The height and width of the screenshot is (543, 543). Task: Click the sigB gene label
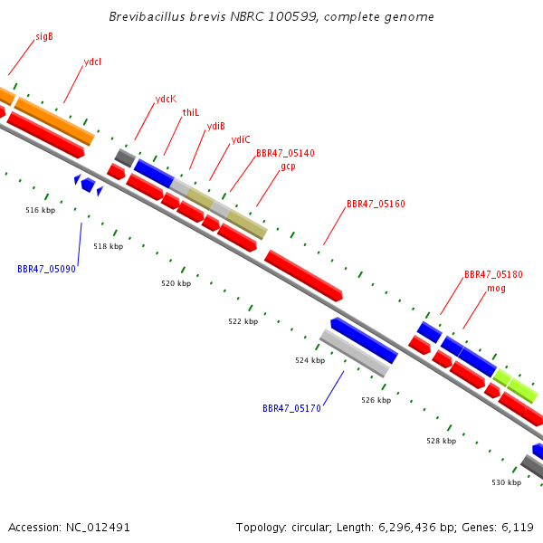coord(44,36)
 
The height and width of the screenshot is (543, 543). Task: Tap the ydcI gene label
coord(92,62)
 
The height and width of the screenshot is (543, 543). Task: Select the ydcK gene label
coord(166,99)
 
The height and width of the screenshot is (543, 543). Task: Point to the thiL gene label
coord(191,112)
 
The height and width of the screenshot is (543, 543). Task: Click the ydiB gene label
coord(215,126)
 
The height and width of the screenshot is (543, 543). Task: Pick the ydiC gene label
coord(241,139)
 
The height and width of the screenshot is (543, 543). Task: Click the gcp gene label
coord(288,167)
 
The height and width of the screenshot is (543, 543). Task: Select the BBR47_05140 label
coord(285,153)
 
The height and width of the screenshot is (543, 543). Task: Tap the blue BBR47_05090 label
coord(46,269)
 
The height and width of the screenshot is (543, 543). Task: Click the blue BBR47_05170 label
coord(291,409)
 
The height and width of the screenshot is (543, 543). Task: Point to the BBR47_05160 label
coord(376,204)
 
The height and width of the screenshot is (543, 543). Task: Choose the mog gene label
coord(496,289)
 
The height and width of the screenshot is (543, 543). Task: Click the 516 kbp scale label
coord(40,210)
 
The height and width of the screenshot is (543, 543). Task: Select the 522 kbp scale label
coord(243,321)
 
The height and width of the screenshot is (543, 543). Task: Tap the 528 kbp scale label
coord(442,441)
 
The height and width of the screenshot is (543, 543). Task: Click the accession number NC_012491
coord(98,528)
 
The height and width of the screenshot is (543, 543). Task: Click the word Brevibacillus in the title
coord(148,16)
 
